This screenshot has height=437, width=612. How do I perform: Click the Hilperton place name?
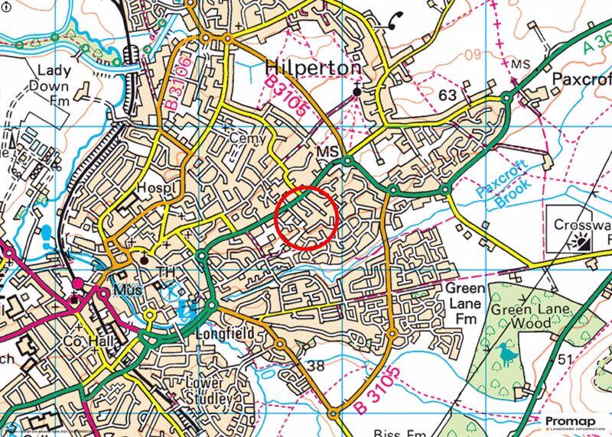[312, 67]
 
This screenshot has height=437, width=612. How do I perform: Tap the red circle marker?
[306, 217]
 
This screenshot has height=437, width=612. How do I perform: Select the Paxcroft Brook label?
[501, 186]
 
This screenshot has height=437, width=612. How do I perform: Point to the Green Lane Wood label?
[531, 316]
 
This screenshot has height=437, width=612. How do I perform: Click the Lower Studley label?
[208, 391]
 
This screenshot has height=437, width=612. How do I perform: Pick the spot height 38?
[315, 365]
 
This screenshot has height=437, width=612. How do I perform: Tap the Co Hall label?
[82, 341]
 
